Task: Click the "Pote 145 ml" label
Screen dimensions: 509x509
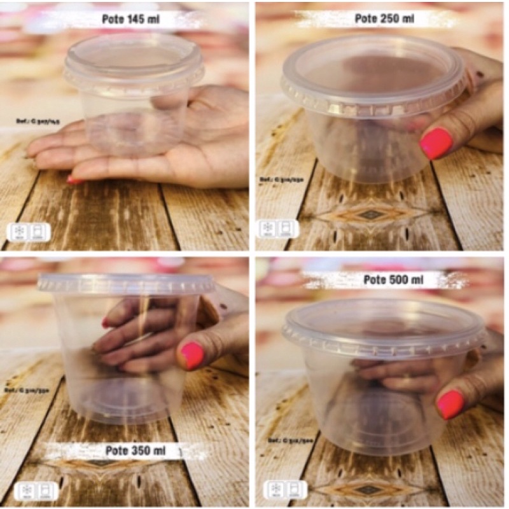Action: pyautogui.click(x=130, y=20)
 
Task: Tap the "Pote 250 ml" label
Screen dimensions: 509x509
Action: pyautogui.click(x=384, y=18)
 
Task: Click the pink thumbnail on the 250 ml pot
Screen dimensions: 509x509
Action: pyautogui.click(x=436, y=143)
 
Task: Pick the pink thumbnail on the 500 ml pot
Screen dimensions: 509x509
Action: pyautogui.click(x=450, y=404)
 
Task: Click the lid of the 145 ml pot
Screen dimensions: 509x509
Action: pyautogui.click(x=134, y=60)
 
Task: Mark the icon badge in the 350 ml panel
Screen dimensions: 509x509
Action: pyautogui.click(x=29, y=490)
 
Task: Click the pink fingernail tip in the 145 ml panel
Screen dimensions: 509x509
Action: pyautogui.click(x=75, y=180)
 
